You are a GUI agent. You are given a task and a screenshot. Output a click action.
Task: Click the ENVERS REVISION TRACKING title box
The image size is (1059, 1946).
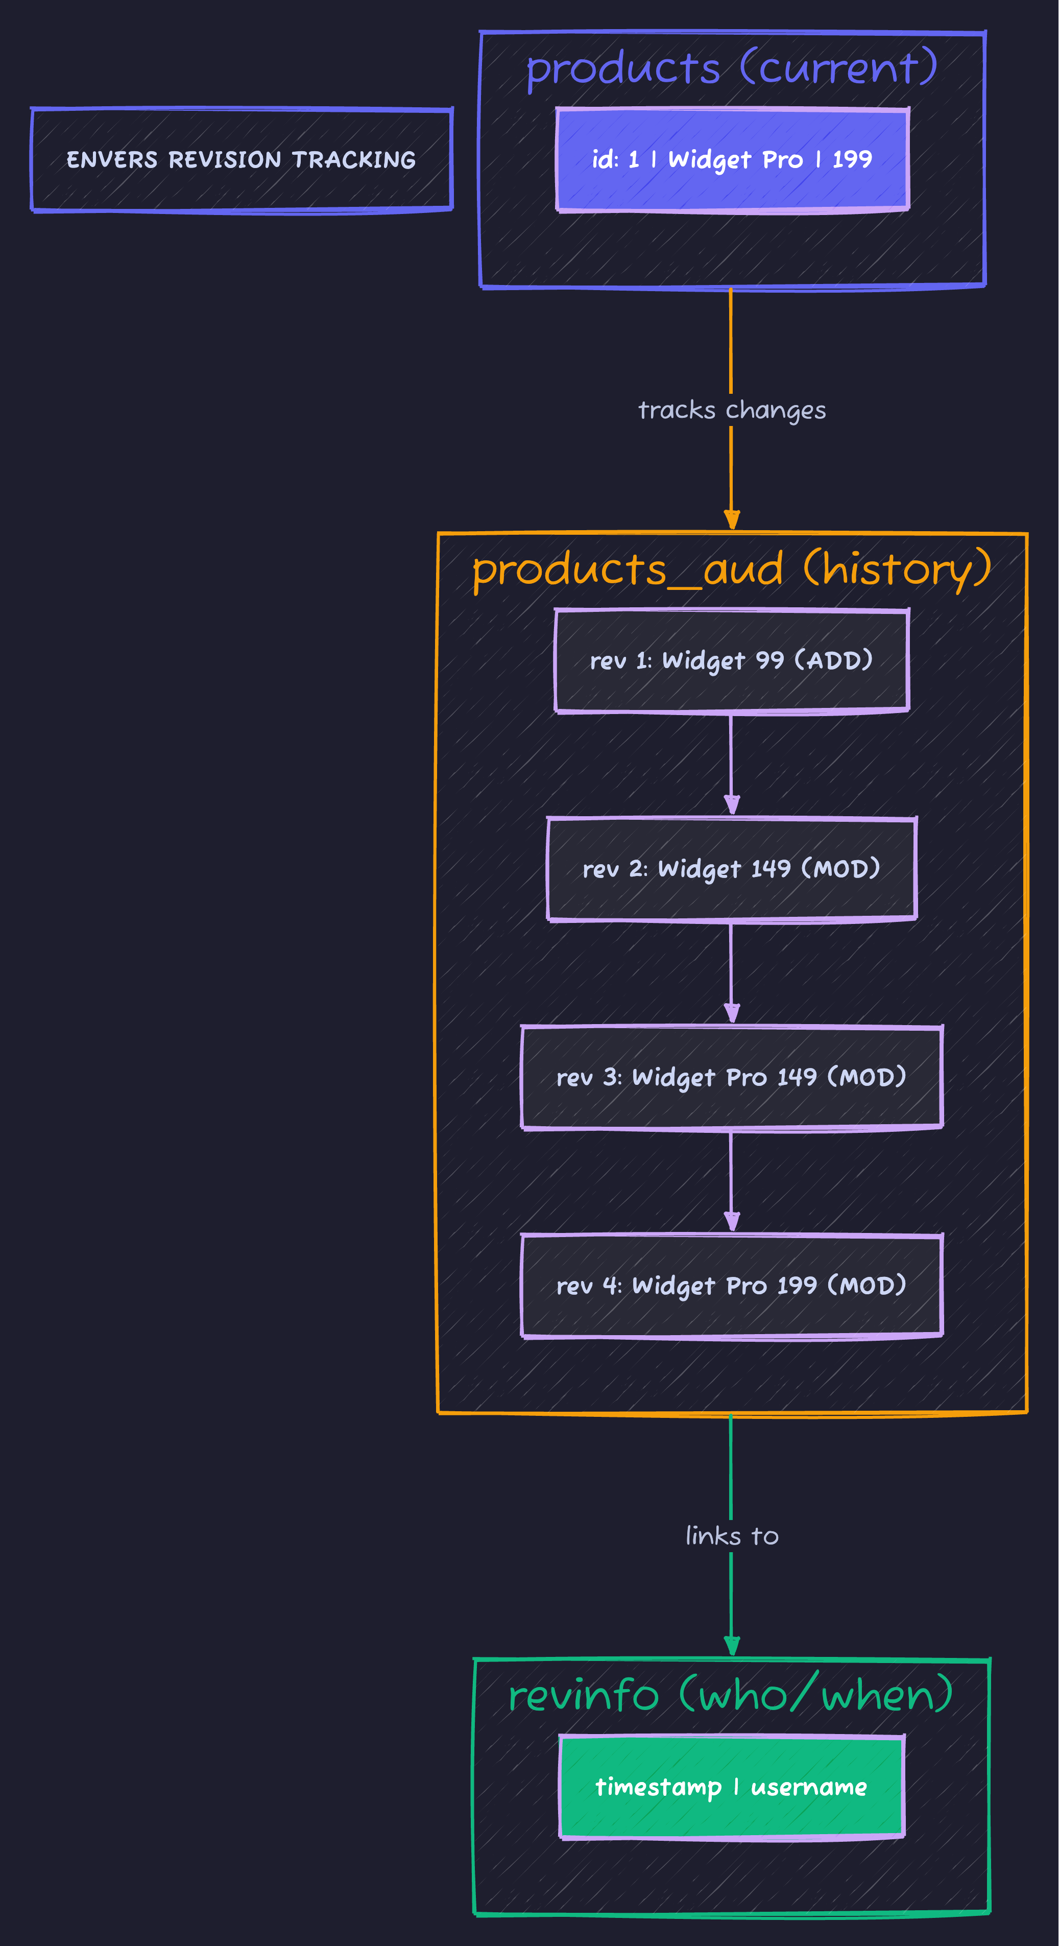pyautogui.click(x=242, y=159)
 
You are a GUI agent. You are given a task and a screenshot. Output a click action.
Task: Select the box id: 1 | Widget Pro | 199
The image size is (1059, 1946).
pyautogui.click(x=732, y=159)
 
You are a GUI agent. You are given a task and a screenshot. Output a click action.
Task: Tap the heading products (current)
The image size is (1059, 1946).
pyautogui.click(x=732, y=68)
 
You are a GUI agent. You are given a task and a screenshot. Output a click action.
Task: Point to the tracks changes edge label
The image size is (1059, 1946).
pyautogui.click(x=732, y=410)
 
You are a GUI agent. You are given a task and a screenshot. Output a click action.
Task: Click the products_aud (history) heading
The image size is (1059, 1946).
pyautogui.click(x=732, y=569)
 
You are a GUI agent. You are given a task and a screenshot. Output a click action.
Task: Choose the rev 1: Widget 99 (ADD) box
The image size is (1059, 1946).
pyautogui.click(x=732, y=661)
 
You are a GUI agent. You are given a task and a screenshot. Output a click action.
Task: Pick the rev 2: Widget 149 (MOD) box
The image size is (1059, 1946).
pyautogui.click(x=732, y=869)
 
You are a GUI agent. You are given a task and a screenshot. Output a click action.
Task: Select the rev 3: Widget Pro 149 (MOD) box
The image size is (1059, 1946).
pyautogui.click(x=732, y=1077)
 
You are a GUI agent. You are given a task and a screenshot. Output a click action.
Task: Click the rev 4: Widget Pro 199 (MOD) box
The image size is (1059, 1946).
pyautogui.click(x=732, y=1286)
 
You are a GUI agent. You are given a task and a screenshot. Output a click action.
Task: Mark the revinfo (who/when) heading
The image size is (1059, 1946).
pyautogui.click(x=732, y=1695)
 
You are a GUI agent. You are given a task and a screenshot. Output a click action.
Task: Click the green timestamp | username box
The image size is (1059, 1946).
pyautogui.click(x=732, y=1787)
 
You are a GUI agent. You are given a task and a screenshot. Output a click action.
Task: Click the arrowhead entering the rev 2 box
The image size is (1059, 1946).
pyautogui.click(x=732, y=805)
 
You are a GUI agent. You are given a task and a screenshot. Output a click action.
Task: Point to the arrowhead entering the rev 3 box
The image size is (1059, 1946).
pyautogui.click(x=732, y=1014)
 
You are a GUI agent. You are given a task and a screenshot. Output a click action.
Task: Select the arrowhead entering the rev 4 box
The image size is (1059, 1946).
pyautogui.click(x=732, y=1222)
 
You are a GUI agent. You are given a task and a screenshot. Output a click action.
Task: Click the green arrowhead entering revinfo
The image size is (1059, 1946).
pyautogui.click(x=732, y=1646)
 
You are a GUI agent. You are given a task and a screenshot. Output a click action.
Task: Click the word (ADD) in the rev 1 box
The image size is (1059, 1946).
pyautogui.click(x=834, y=661)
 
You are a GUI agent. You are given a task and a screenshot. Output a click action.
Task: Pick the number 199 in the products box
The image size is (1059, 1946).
pyautogui.click(x=852, y=159)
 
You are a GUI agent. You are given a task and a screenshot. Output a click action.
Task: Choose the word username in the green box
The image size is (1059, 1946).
pyautogui.click(x=809, y=1787)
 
